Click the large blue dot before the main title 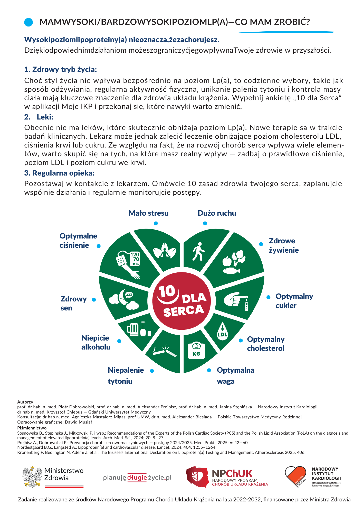pyautogui.click(x=28, y=22)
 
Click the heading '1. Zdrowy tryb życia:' pyautogui.click(x=60, y=69)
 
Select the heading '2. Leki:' pyautogui.click(x=39, y=117)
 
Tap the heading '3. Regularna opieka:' pyautogui.click(x=59, y=173)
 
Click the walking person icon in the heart pyautogui.click(x=198, y=251)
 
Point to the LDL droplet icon pyautogui.click(x=222, y=331)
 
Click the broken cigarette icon pyautogui.click(x=165, y=351)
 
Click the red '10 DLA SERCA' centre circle pyautogui.click(x=181, y=301)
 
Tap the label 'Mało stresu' pyautogui.click(x=148, y=213)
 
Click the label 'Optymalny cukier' pyautogui.click(x=294, y=301)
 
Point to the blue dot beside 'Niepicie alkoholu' pyautogui.click(x=119, y=341)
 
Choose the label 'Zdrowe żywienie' pyautogui.click(x=284, y=245)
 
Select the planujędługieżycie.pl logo pyautogui.click(x=137, y=478)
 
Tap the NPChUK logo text pyautogui.click(x=232, y=474)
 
